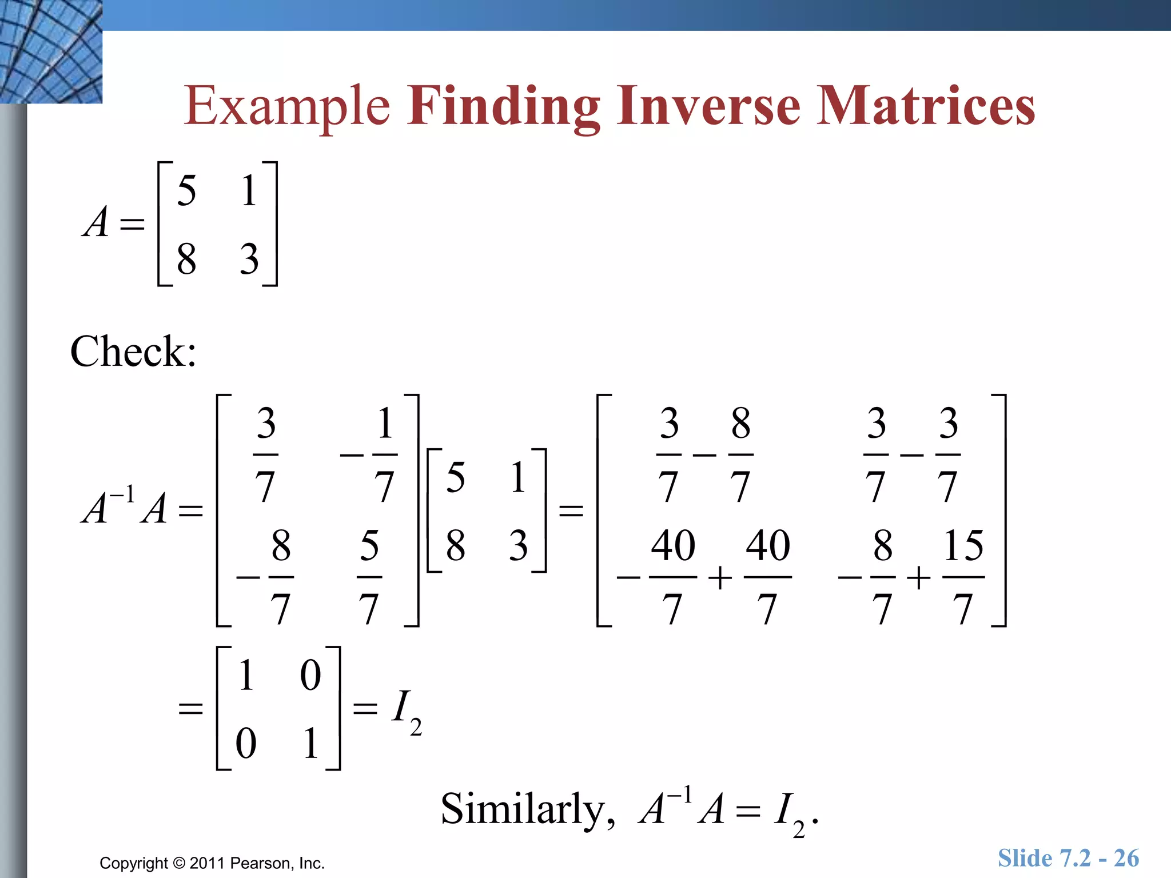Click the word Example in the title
click(287, 106)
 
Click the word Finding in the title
click(503, 106)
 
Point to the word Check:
click(133, 351)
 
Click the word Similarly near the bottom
click(523, 809)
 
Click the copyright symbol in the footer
click(179, 863)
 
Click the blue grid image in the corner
click(51, 51)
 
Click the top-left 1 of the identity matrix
click(246, 675)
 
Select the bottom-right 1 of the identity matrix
click(310, 743)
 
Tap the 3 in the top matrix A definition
click(249, 259)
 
